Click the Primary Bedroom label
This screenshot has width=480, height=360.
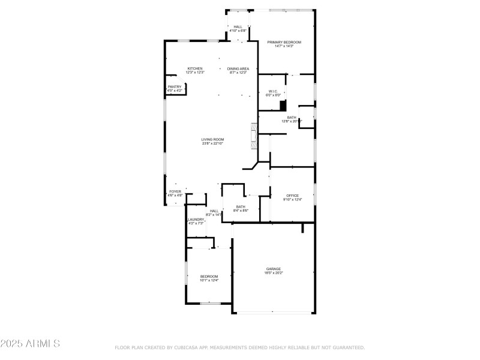coord(284,42)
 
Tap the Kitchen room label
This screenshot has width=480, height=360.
coord(194,68)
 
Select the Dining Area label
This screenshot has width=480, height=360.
coord(238,68)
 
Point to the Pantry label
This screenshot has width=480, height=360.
coord(175,86)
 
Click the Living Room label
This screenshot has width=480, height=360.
coord(212,139)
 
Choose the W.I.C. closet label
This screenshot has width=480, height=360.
coord(272,91)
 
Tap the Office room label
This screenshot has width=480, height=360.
coord(292,196)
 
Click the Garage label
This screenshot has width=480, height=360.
coord(274,269)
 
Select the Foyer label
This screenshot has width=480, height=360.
coord(175,191)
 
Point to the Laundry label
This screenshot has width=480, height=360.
coord(196,220)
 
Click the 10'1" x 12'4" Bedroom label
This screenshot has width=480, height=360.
coord(209,276)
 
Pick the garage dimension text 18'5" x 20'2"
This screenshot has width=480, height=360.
coord(274,273)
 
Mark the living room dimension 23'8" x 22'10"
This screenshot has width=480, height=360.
coord(212,143)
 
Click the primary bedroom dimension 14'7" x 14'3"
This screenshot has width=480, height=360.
coord(284,46)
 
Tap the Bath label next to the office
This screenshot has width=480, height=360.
coord(240,207)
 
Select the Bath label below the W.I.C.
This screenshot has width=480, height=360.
coord(292,118)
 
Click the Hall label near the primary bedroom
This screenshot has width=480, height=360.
coord(238,26)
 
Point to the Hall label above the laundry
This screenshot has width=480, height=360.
coord(214,211)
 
